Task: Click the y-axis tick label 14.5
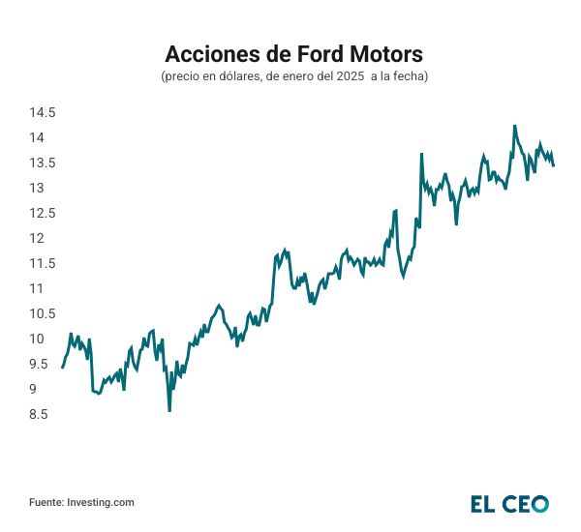click(x=43, y=113)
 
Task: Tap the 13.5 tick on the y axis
click(x=43, y=163)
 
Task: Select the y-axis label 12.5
click(x=43, y=214)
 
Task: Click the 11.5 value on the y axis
click(x=43, y=264)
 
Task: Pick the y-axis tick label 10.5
click(x=43, y=313)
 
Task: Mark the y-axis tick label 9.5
click(x=39, y=364)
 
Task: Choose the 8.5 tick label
click(x=39, y=415)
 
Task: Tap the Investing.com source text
click(x=101, y=502)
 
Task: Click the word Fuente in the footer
click(x=46, y=502)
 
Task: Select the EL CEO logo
click(x=509, y=503)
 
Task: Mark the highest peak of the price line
click(x=514, y=125)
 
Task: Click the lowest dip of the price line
click(x=169, y=411)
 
